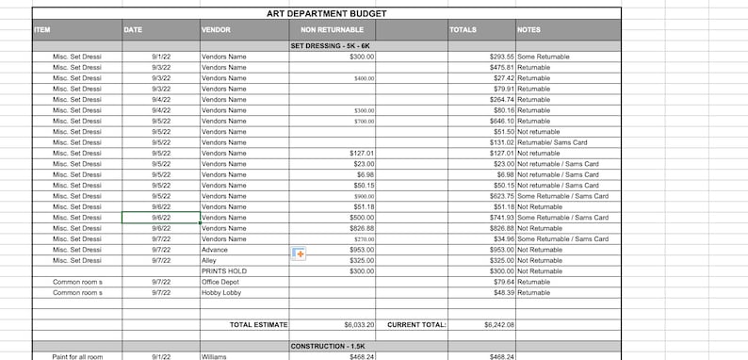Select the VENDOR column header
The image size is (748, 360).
tap(216, 29)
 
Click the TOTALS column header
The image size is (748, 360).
tap(463, 29)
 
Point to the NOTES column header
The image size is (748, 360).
tap(528, 29)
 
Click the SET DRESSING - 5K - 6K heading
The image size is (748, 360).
tap(332, 45)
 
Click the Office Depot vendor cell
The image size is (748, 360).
tap(221, 282)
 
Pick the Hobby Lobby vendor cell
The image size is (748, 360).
tap(221, 292)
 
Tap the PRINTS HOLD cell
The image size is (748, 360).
tap(224, 271)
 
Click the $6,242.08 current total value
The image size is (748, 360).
tap(494, 325)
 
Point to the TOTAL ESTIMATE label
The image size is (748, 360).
tap(258, 325)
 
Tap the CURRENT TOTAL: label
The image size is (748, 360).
tap(416, 325)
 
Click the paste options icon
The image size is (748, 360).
tap(299, 254)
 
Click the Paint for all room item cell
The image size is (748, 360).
tap(77, 357)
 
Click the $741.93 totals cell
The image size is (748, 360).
tap(496, 218)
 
